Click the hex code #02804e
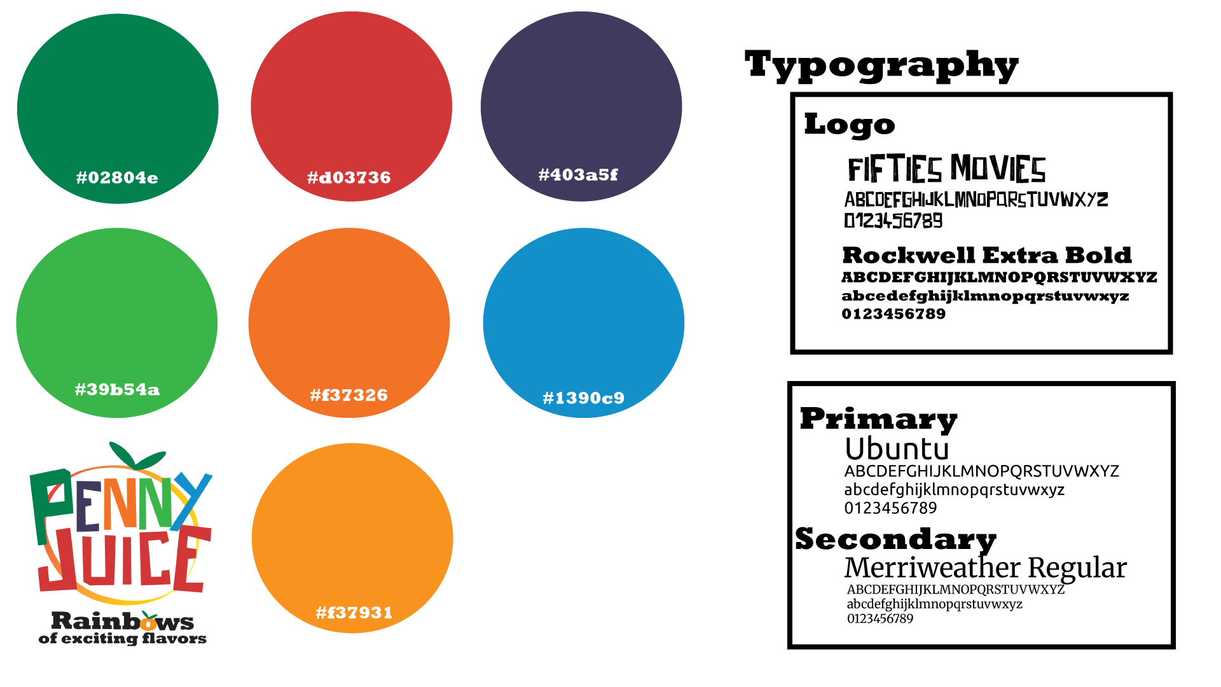click(x=117, y=177)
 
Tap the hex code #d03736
click(x=349, y=177)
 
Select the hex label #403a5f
click(x=578, y=175)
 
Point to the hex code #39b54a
click(x=117, y=389)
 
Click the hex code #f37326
click(x=349, y=395)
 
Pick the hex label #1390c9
click(x=584, y=398)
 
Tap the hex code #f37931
click(x=354, y=613)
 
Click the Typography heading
click(x=881, y=66)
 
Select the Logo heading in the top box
click(x=850, y=124)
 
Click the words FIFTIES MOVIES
click(x=947, y=169)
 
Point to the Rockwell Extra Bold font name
click(x=987, y=255)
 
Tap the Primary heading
click(x=879, y=420)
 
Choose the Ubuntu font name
click(x=897, y=449)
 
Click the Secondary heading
click(x=896, y=540)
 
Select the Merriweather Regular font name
click(x=986, y=568)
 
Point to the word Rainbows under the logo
click(x=123, y=621)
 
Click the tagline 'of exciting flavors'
click(x=123, y=639)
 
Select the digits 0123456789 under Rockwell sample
click(x=893, y=314)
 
